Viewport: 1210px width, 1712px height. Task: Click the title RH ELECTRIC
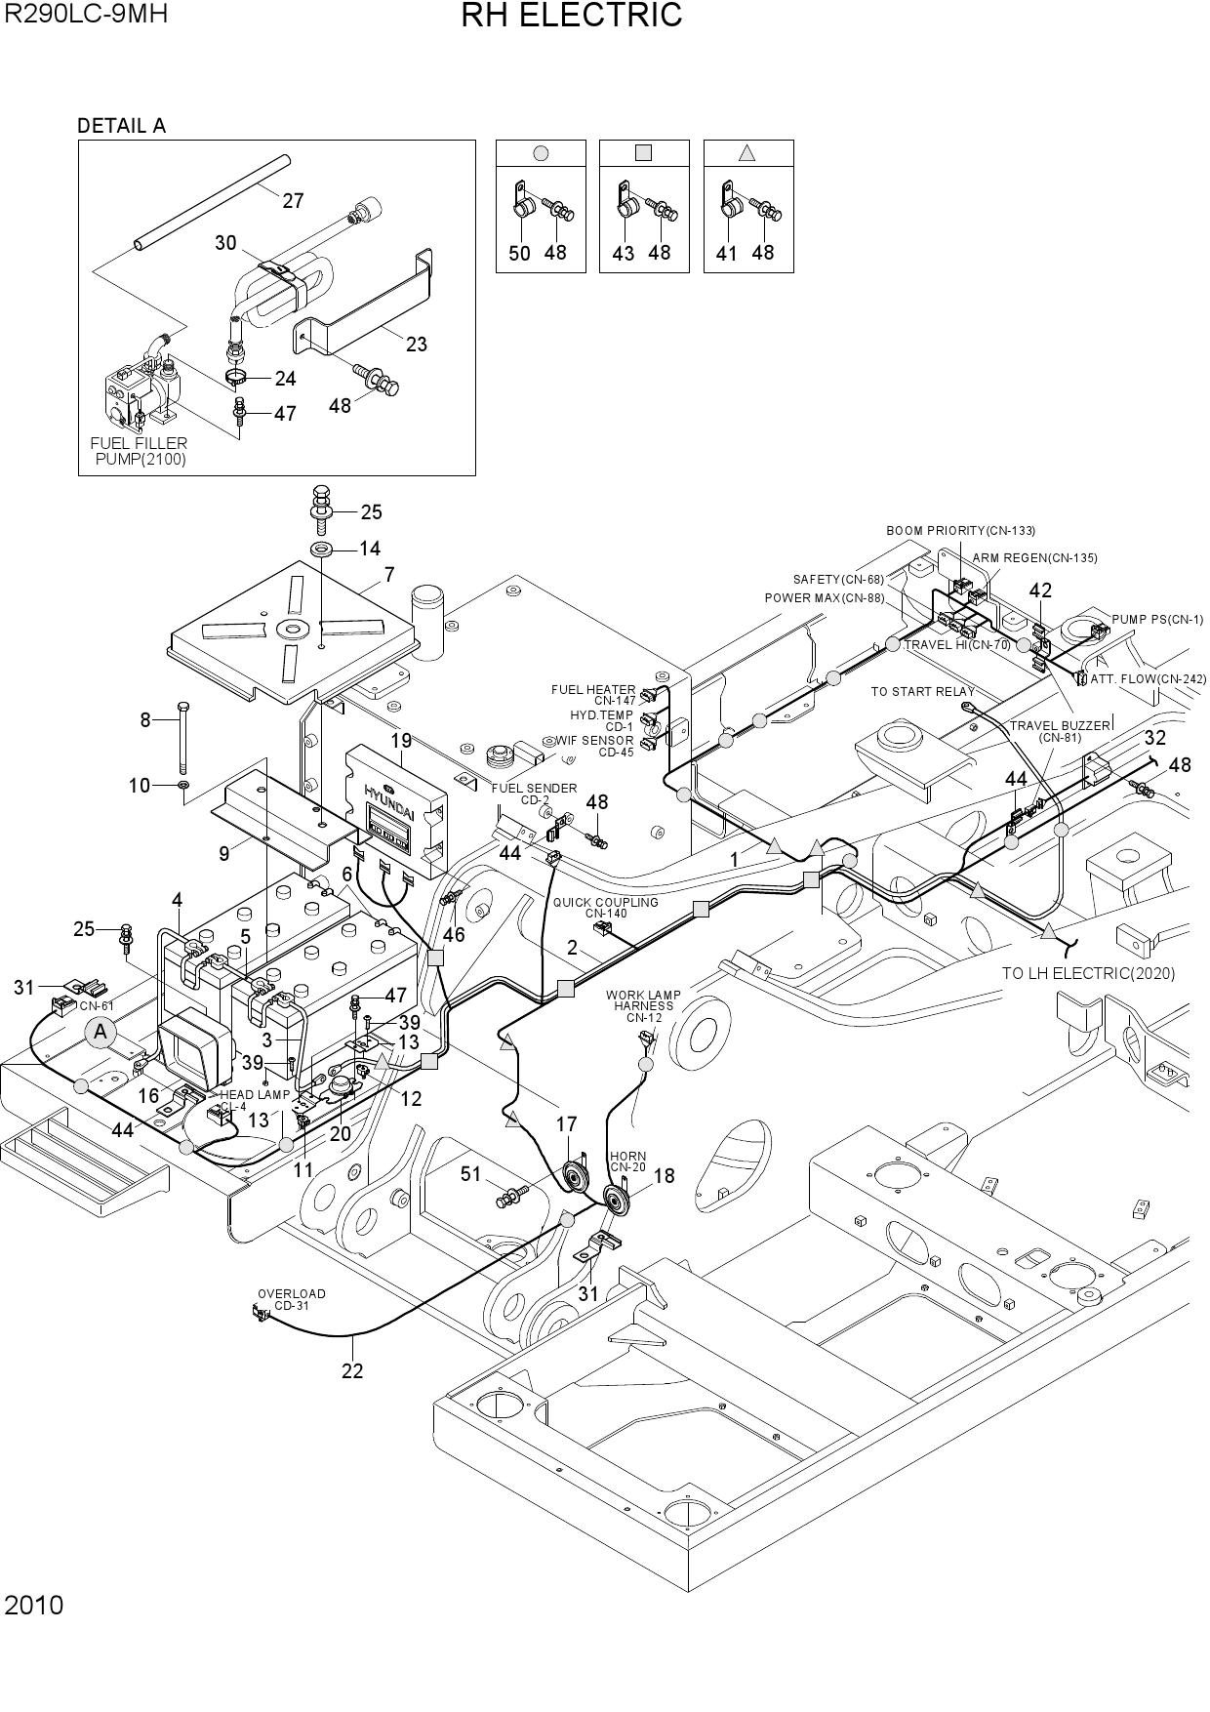[572, 16]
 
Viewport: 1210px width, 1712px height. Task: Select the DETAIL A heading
[122, 126]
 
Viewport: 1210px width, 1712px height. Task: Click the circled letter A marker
[101, 1033]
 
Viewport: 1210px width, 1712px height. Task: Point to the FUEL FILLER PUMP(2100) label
[140, 451]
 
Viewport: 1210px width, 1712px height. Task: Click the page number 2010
[34, 1606]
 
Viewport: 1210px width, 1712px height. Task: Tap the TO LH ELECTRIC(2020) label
[1089, 973]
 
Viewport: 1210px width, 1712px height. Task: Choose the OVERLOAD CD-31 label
[291, 1299]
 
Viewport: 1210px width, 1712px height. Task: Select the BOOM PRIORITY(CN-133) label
[961, 531]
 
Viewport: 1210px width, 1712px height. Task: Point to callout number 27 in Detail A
[293, 201]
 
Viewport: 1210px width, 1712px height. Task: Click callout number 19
[401, 741]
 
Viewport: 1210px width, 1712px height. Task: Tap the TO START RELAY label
[922, 692]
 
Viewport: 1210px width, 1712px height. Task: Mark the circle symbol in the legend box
[542, 153]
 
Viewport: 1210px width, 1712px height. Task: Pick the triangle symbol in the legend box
[747, 153]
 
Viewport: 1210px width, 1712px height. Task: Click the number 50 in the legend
[519, 254]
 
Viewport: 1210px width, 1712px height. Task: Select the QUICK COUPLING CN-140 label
[605, 908]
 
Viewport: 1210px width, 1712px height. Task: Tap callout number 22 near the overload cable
[352, 1371]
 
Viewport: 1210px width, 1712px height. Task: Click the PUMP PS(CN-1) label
[1158, 620]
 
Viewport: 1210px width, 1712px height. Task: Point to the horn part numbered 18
[618, 1199]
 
